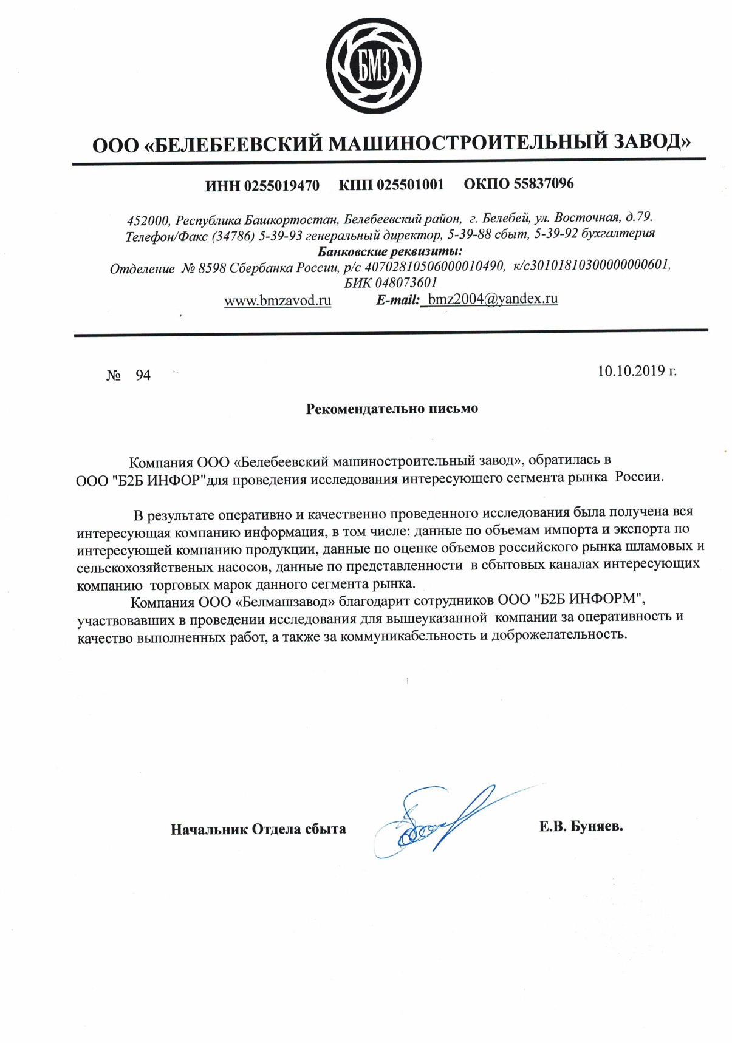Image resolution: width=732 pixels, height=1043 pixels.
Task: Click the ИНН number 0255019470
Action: [281, 186]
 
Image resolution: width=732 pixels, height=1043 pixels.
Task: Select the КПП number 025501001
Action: [410, 185]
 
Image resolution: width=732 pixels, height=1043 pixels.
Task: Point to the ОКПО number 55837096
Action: [543, 183]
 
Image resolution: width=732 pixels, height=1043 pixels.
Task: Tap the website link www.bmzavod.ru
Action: [278, 301]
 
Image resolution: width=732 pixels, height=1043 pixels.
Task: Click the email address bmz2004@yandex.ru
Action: [492, 299]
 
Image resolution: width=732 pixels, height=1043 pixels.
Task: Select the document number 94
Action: [143, 376]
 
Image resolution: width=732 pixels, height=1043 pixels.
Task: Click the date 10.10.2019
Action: [632, 371]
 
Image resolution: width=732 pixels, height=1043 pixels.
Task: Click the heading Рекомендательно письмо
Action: [392, 409]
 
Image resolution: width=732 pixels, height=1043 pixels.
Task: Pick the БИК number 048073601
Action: [406, 283]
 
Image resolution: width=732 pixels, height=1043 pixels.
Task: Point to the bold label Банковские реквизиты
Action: [390, 251]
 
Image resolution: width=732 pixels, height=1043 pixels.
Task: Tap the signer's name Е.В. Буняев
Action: [581, 826]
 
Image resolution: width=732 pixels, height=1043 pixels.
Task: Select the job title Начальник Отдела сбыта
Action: [258, 829]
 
